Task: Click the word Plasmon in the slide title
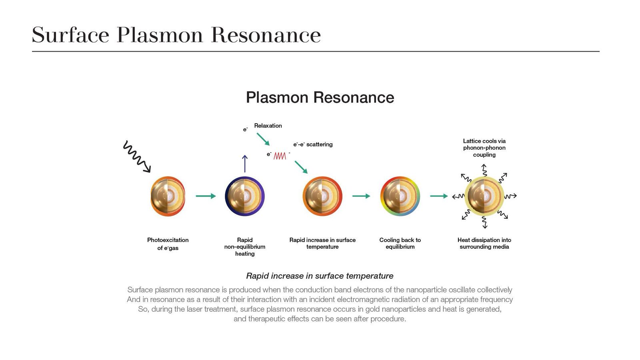point(160,35)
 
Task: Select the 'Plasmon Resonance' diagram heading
point(320,98)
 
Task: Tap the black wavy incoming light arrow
point(137,156)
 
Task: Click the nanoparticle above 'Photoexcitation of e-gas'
point(168,196)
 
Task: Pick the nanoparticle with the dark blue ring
point(245,196)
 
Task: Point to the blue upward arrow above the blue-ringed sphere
point(244,164)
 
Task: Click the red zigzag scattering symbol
point(280,156)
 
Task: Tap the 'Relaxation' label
point(268,126)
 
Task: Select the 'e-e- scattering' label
point(313,144)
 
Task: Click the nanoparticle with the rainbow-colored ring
point(400,196)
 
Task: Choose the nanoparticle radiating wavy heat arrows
point(484,196)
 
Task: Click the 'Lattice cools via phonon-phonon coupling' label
point(484,148)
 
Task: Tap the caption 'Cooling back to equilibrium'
point(400,244)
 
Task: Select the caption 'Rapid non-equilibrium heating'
point(245,247)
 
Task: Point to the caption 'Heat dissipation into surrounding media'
point(484,244)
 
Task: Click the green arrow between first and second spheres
point(206,196)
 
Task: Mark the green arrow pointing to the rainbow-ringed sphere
point(361,196)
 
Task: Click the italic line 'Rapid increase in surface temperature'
point(320,276)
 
